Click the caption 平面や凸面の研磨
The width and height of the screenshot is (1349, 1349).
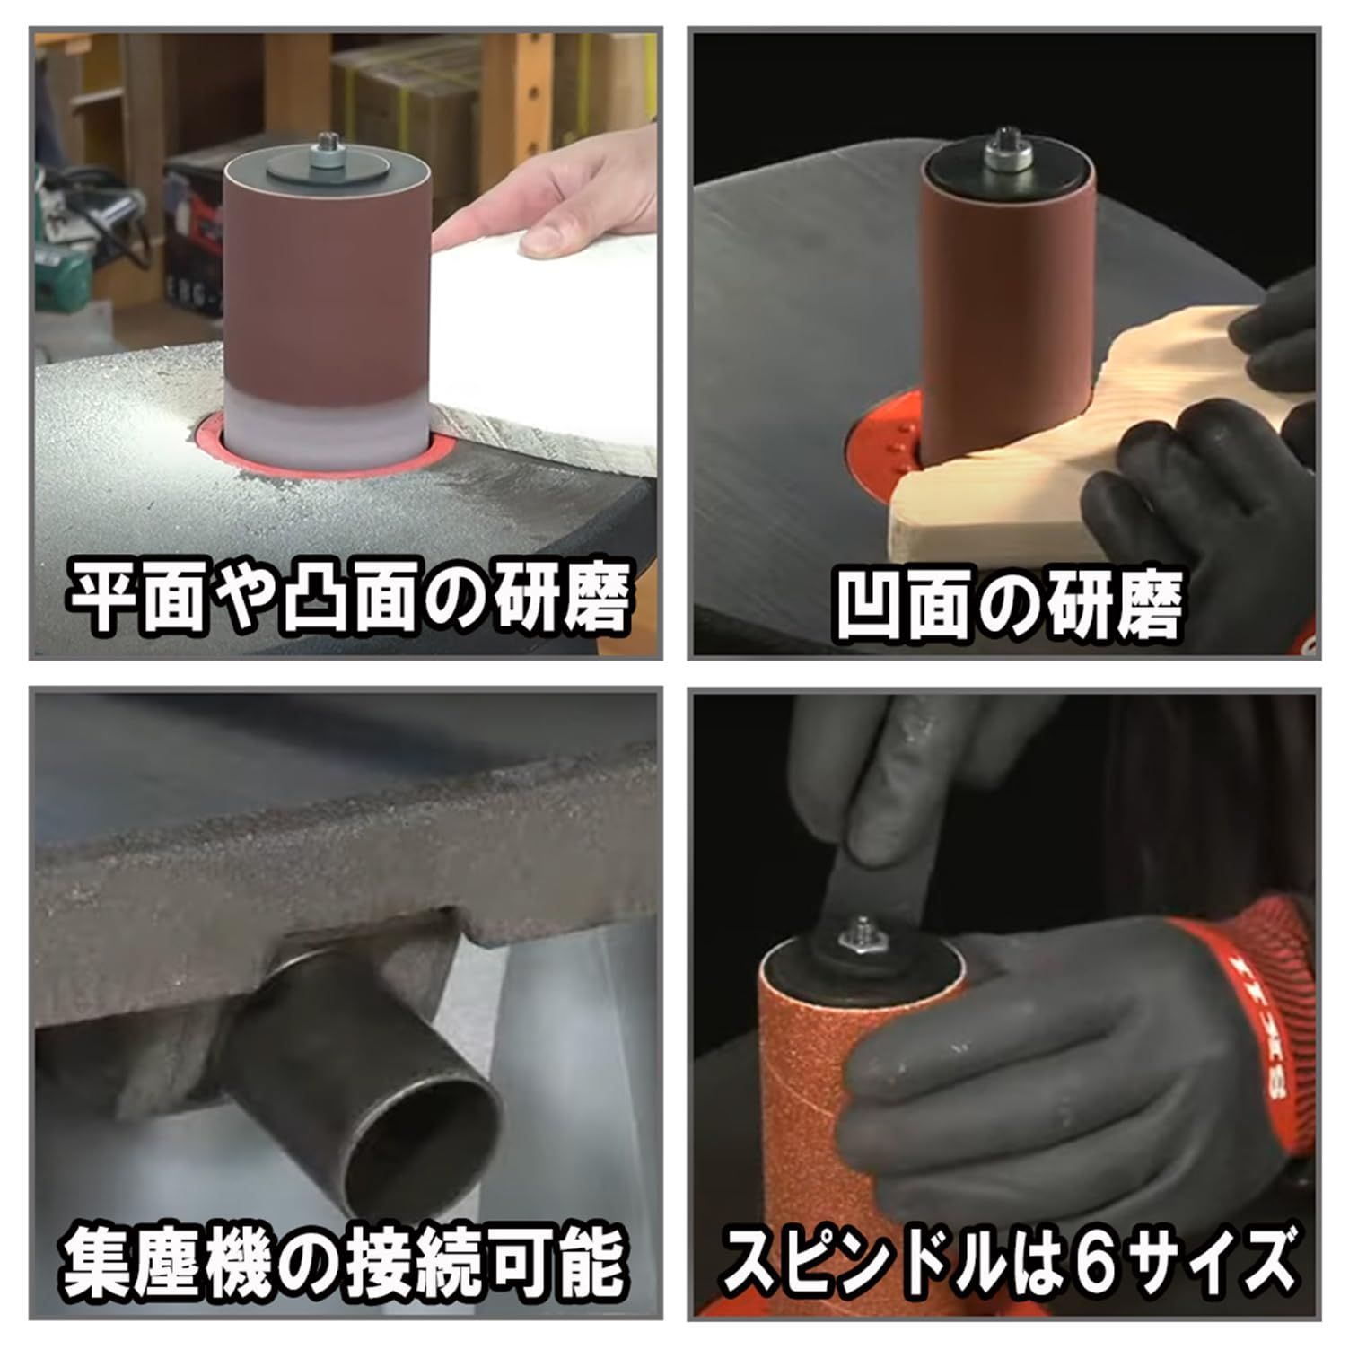pyautogui.click(x=348, y=595)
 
